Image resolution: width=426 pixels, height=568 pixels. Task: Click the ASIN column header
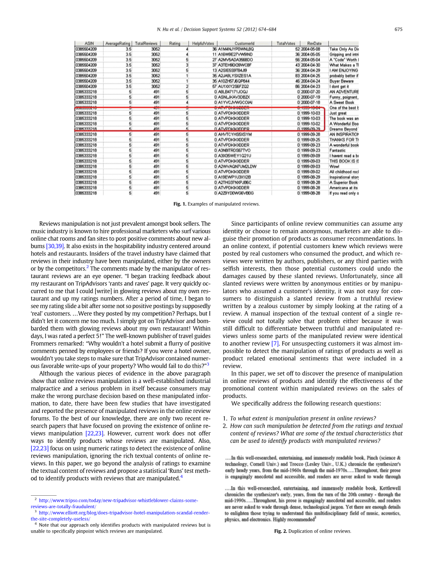pos(89,43)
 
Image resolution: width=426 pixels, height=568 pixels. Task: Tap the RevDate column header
pos(314,43)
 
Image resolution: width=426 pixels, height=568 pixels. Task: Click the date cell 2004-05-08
pos(311,49)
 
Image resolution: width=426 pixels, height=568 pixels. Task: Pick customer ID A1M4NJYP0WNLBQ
pos(236,49)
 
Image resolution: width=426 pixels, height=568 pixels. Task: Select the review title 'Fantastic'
pos(338,150)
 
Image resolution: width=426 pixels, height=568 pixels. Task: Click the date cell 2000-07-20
pos(311,92)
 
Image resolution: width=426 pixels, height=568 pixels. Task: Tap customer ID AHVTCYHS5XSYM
pos(235,134)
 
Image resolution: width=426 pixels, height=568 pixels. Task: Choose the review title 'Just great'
pos(338,113)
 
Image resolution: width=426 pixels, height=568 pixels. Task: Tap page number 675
pos(398,29)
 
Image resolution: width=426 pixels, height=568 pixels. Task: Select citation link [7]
pos(275,343)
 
